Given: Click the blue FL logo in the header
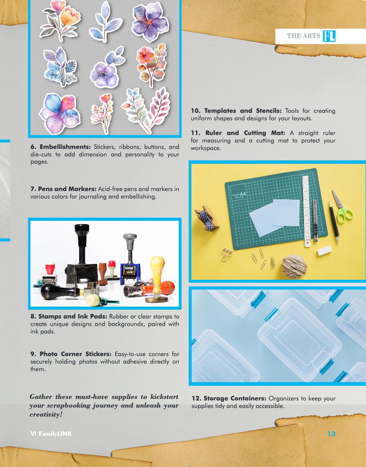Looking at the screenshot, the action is [x=329, y=36].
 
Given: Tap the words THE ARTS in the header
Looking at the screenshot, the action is [x=303, y=36].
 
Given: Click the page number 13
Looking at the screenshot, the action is [x=331, y=434].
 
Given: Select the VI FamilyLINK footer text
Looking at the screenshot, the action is [x=51, y=434].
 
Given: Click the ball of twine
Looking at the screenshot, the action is [x=294, y=266].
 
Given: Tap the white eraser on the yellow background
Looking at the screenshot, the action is [x=324, y=250].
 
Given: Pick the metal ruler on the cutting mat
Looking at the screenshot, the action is [x=307, y=211].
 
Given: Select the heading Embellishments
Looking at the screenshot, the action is [x=61, y=147].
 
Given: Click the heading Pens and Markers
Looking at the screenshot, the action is [x=63, y=189].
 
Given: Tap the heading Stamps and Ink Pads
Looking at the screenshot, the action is [x=69, y=316].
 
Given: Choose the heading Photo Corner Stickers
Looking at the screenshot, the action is [x=71, y=354].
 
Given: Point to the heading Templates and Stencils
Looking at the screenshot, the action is [x=236, y=111].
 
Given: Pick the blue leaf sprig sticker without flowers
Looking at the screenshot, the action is [x=105, y=22].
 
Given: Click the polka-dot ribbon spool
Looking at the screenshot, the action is [x=207, y=218].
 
